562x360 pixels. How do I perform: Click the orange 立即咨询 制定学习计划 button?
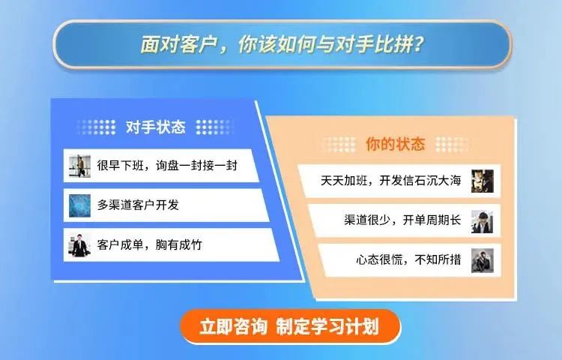coord(290,326)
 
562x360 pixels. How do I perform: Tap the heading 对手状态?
coord(156,127)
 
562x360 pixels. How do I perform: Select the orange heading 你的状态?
coord(396,144)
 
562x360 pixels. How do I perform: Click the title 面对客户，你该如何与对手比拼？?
coord(282,44)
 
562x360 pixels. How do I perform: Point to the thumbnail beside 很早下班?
coord(79,166)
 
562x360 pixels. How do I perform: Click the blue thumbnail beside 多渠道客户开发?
coord(79,205)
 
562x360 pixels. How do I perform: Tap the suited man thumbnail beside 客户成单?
coord(79,245)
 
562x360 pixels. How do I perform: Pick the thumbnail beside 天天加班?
coord(483,181)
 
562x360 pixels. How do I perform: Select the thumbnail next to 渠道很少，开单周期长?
coord(483,221)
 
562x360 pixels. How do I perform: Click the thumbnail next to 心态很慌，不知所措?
coord(483,260)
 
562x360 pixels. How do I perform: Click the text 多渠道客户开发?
coord(138,205)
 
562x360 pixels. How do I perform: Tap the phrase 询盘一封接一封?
coord(196,166)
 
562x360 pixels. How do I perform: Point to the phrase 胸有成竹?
coord(179,245)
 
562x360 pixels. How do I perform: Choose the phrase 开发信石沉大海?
coord(420,180)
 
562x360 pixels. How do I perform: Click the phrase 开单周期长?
coord(432,220)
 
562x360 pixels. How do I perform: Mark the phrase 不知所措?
coord(438,259)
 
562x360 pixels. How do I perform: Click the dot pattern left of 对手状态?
coord(96,127)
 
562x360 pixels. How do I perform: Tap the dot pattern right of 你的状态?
coord(453,144)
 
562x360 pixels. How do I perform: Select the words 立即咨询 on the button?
coord(233,326)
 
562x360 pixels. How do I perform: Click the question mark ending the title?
coord(418,44)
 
